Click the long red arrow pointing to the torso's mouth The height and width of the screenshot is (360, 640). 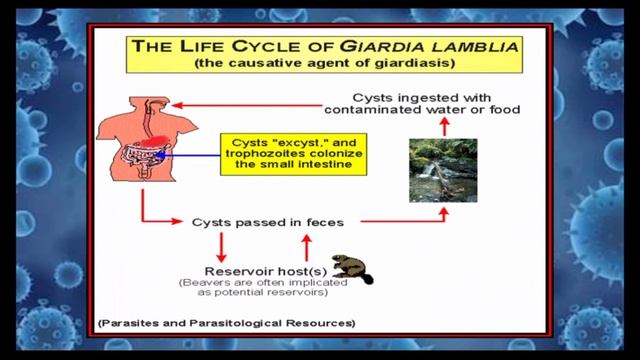pos(240,103)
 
